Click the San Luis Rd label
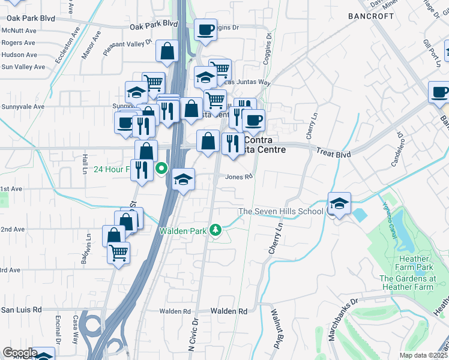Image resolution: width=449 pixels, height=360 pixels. click(x=22, y=310)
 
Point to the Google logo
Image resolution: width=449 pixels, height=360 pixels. click(x=20, y=353)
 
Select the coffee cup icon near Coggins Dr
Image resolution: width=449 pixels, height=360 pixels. click(x=205, y=30)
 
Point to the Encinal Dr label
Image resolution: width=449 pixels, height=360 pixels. click(x=59, y=339)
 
